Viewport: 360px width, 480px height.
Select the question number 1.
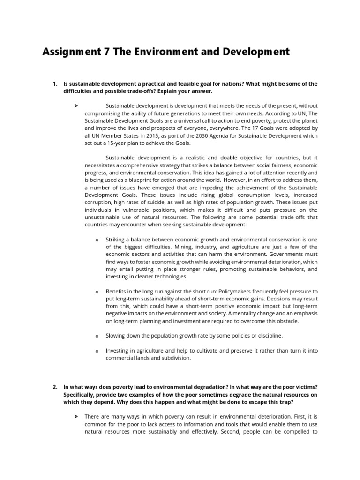click(x=54, y=84)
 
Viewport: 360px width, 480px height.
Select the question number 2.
click(x=54, y=387)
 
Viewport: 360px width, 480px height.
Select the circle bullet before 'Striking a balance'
click(x=97, y=240)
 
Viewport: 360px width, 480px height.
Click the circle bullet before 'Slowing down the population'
click(x=97, y=336)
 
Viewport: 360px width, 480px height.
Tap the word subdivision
click(x=175, y=358)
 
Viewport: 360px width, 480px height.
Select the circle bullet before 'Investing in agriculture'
click(x=97, y=351)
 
